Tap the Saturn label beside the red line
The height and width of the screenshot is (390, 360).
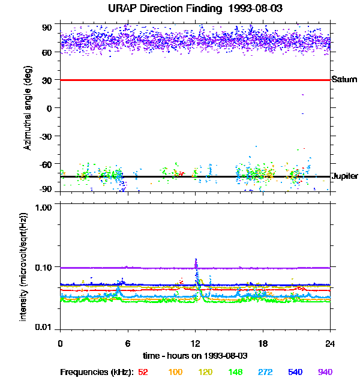[344, 80]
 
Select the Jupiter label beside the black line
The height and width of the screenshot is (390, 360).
[345, 176]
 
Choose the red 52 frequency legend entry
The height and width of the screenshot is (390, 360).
[143, 373]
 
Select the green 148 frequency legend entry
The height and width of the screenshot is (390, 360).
[235, 373]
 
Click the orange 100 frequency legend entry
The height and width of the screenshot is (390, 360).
[175, 373]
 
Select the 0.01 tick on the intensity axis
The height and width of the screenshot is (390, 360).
[44, 328]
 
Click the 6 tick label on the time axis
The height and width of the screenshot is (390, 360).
[128, 343]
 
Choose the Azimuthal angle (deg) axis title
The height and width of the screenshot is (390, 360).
[28, 108]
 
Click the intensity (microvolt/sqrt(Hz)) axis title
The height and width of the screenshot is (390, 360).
[24, 267]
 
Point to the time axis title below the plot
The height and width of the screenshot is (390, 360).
[195, 355]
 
